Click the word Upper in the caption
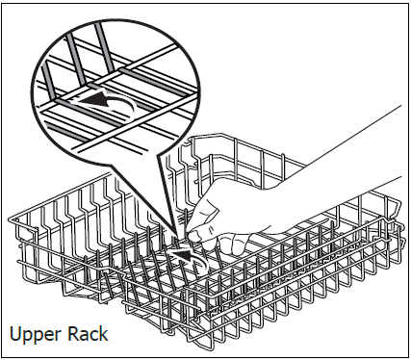36,335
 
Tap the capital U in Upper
15,334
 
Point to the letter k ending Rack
104,334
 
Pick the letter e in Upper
49,336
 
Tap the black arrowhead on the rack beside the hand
181,254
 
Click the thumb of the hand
199,235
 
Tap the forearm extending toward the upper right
347,151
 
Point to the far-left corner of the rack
11,219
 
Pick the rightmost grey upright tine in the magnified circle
104,45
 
